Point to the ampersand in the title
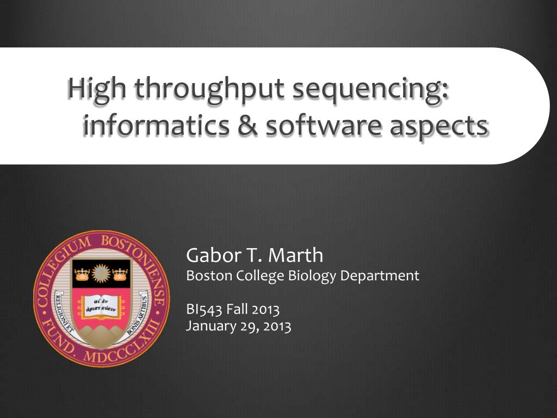[x=247, y=126]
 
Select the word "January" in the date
[x=208, y=327]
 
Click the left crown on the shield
[x=82, y=273]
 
